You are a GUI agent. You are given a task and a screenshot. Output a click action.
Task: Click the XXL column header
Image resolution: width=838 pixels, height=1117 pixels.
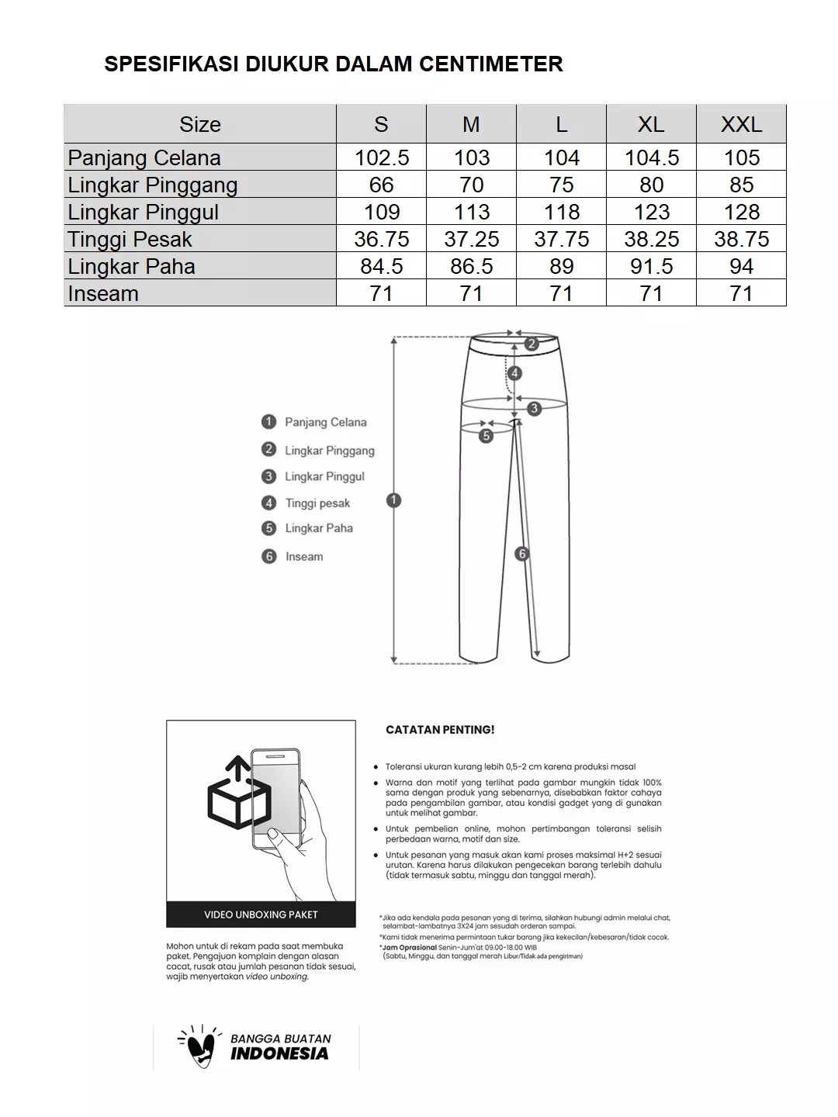741,124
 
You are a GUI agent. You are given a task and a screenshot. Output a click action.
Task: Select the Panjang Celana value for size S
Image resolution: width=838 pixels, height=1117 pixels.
381,157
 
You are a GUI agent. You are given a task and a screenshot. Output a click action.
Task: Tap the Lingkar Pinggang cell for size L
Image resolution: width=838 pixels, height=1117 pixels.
561,185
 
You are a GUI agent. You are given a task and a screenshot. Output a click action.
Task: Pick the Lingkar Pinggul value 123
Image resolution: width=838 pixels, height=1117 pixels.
651,212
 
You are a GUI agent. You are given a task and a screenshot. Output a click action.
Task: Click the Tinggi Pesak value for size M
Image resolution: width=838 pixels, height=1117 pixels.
471,239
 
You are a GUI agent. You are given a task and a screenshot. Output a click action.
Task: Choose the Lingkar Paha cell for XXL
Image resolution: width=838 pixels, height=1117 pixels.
741,266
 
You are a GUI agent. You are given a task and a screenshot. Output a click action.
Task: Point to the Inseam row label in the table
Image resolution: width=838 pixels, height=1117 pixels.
103,293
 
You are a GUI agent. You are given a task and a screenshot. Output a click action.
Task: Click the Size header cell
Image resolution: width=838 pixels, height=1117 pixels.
199,124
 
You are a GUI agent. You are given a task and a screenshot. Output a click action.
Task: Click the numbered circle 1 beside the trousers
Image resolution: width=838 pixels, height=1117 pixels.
393,500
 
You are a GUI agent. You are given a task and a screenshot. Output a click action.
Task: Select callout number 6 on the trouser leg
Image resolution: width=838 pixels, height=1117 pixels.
521,554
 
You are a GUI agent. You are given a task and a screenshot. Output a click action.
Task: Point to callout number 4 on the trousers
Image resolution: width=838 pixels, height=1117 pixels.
514,373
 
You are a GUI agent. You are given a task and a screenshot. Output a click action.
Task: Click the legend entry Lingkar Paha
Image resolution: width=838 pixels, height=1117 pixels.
318,528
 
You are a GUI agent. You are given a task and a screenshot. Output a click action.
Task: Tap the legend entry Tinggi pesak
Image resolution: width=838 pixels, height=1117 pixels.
317,503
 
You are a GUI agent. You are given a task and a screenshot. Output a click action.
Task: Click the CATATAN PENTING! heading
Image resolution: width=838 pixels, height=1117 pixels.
440,730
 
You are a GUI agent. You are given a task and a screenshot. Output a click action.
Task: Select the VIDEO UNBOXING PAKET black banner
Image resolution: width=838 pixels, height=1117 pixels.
261,915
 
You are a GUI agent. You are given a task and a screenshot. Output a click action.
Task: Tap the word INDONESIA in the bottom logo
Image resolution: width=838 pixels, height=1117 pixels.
279,1053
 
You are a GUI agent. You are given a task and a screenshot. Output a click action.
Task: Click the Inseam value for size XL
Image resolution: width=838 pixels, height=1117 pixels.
651,293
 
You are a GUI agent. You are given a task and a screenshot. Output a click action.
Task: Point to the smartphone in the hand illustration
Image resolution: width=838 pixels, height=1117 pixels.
276,799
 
